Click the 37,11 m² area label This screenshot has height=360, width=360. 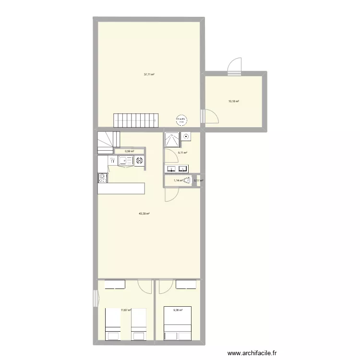click(149, 74)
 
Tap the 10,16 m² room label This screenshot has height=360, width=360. click(234, 101)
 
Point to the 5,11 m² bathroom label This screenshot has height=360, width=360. click(182, 153)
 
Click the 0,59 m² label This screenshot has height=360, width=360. click(129, 151)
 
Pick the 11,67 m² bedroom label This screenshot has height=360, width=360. click(126, 310)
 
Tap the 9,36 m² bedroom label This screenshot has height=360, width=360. click(178, 310)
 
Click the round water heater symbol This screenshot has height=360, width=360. click(181, 120)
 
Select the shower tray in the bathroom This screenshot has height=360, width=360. click(172, 139)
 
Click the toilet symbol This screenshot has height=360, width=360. click(197, 181)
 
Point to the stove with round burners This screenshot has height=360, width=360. click(102, 178)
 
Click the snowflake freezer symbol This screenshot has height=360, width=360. click(139, 161)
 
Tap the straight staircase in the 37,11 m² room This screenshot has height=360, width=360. click(136, 120)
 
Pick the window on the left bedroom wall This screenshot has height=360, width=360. click(95, 298)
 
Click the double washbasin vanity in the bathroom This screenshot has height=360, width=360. click(177, 168)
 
